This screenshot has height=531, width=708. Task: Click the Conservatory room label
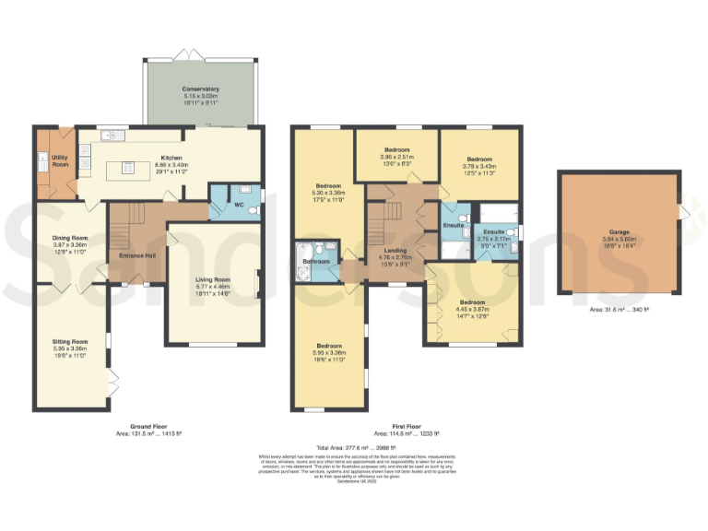pos(200,89)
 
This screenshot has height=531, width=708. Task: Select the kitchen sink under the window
pos(114,136)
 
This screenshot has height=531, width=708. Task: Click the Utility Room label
pos(61,161)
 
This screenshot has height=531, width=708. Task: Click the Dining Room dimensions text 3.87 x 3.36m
pos(72,244)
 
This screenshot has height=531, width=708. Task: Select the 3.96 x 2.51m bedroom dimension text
pos(396,157)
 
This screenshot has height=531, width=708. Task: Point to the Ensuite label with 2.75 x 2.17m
pos(494,231)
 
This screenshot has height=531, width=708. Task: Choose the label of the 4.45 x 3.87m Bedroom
pos(473,302)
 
